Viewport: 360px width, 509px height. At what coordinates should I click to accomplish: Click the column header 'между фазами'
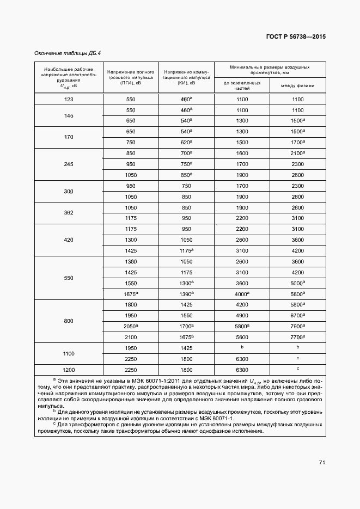(298, 86)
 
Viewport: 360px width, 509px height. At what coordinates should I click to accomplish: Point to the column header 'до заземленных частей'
(242, 86)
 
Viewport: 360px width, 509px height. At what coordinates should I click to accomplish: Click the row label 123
(69, 99)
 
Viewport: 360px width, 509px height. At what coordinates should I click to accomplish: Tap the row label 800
(69, 321)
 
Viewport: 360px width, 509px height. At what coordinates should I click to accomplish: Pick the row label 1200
(69, 370)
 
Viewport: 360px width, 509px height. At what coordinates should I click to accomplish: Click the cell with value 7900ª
(298, 327)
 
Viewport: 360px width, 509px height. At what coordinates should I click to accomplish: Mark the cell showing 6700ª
(298, 316)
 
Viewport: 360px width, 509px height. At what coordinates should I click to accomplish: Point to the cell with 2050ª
(131, 327)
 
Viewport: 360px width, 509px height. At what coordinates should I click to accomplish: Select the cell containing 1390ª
(186, 294)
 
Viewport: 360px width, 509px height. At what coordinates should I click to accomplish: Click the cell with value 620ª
(186, 142)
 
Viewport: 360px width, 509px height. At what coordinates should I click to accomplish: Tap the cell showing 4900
(242, 316)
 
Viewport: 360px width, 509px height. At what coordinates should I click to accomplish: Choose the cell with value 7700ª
(298, 338)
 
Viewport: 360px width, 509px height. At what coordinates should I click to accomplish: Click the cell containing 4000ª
(242, 294)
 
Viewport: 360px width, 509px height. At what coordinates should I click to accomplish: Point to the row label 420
(69, 240)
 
